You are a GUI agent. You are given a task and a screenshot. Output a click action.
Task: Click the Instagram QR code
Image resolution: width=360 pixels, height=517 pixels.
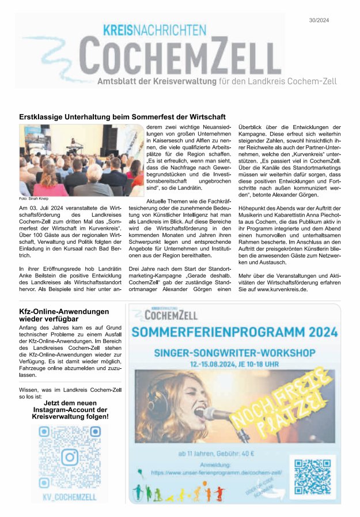(x=69, y=457)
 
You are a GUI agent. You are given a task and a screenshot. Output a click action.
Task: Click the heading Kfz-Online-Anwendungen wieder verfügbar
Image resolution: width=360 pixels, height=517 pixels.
(x=63, y=315)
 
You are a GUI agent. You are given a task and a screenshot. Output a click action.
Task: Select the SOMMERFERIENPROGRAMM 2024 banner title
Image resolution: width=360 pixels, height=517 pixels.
(x=234, y=332)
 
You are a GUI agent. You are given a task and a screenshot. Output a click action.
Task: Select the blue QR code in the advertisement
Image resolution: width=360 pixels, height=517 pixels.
(x=313, y=476)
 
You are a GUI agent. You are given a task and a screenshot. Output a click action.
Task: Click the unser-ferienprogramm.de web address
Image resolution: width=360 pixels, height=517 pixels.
(x=216, y=472)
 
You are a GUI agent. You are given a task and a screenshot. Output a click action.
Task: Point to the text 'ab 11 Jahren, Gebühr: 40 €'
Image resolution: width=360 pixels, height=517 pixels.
(x=216, y=454)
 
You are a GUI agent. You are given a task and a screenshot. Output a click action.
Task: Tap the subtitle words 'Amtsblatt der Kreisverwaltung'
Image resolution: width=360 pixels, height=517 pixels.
(x=157, y=82)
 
